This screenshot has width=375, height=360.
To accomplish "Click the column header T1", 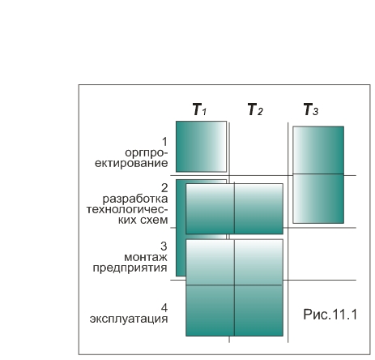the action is coord(200,109).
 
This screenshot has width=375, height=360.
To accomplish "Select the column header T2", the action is coord(255,109).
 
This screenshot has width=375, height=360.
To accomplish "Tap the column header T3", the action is coord(311,109).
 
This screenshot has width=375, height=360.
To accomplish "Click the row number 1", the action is coord(164,142).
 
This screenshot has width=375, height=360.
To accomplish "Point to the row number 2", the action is coord(164,188).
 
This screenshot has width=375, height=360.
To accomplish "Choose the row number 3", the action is coord(164,246).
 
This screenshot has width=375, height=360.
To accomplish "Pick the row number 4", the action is coord(164,308).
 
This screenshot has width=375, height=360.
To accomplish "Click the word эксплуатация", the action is coord(129,319).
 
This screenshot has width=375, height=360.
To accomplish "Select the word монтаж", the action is coord(146,257).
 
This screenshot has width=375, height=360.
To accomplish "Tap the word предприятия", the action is coord(130,268).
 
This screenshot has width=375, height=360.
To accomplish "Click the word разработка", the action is coord(135,199).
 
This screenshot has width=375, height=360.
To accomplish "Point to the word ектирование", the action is coord(131,164).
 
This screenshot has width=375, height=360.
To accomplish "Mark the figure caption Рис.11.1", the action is coord(330,315).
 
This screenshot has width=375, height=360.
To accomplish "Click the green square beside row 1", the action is coord(201,147).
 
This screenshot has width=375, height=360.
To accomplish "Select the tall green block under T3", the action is coord(318,175).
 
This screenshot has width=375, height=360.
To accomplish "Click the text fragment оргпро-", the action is coord(147,153).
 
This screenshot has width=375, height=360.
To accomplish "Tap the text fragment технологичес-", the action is coord(127,209).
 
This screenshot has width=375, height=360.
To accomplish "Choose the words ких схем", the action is coord(143,220).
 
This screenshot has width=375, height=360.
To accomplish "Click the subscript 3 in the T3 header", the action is coord(315,112).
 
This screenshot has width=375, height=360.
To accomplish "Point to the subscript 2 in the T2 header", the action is coord(260,112).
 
